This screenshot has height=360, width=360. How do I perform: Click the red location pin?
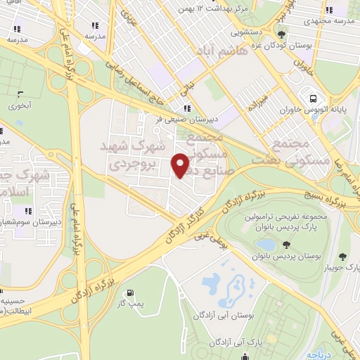pos(181,165)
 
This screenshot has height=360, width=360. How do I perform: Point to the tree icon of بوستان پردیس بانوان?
pos(287,244)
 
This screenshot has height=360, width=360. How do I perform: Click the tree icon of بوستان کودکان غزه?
pos(282,34)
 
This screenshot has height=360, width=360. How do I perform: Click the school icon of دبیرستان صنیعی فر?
pos(187,108)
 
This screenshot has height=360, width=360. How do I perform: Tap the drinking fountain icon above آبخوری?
pos(20,95)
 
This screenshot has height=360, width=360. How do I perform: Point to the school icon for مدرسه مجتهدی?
pos(328,11)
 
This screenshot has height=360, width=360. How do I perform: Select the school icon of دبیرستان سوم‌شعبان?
pos(29,210)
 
